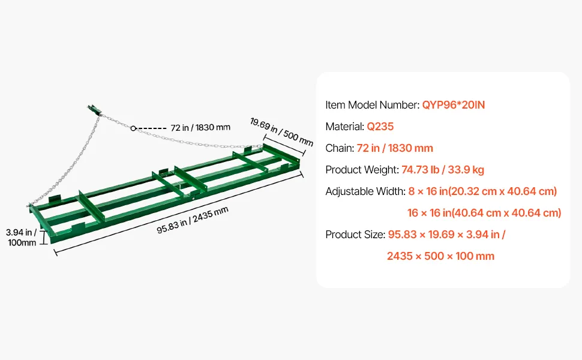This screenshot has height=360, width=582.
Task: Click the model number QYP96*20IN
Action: coord(453,105)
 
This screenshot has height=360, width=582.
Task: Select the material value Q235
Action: coord(380,127)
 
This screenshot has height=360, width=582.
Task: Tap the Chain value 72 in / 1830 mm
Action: coord(395,148)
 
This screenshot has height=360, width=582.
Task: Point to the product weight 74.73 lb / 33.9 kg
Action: coord(442,170)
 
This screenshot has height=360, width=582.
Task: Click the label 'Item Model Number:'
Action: coord(372,105)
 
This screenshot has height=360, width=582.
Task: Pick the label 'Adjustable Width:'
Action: coord(365,191)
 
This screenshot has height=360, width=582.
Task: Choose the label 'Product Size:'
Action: coord(355,235)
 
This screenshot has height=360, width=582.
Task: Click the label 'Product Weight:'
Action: coord(362,170)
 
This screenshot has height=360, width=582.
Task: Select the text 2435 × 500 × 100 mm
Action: coord(440,256)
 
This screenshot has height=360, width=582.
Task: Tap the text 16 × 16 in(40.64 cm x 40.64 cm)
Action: coord(484,213)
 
